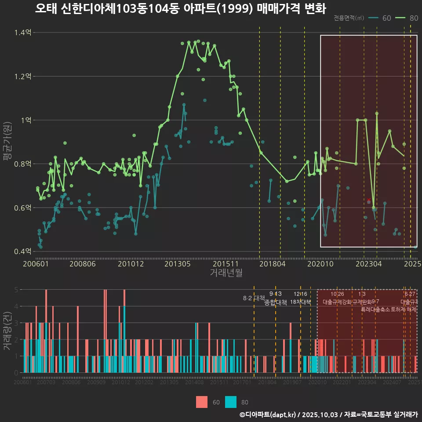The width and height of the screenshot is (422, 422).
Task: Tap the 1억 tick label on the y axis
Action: click(x=25, y=120)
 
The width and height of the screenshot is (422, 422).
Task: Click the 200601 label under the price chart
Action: click(x=36, y=264)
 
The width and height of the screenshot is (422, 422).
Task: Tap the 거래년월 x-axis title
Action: click(x=226, y=273)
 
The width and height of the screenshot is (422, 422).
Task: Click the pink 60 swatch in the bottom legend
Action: click(x=201, y=402)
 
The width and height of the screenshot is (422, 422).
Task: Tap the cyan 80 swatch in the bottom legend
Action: click(x=231, y=402)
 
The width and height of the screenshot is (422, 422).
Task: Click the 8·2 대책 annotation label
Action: click(x=254, y=298)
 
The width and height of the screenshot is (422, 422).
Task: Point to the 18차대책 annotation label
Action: click(x=301, y=302)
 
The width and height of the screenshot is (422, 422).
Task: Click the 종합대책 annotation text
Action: click(x=276, y=302)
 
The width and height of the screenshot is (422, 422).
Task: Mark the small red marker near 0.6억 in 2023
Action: click(x=369, y=200)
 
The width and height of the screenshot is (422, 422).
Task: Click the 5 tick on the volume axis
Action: click(x=16, y=290)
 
